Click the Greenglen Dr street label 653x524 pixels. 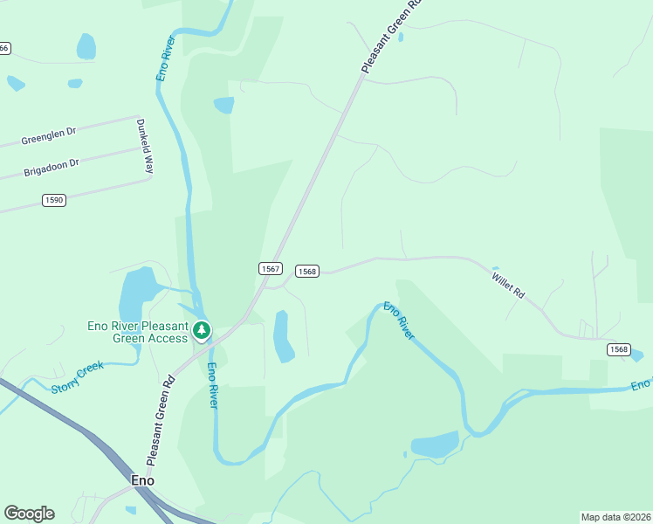pyautogui.click(x=49, y=136)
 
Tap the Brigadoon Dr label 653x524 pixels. pyautogui.click(x=51, y=166)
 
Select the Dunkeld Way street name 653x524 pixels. pyautogui.click(x=144, y=146)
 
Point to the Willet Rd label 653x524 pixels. pyautogui.click(x=508, y=286)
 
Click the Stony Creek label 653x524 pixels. pyautogui.click(x=77, y=377)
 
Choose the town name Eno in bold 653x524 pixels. pyautogui.click(x=142, y=480)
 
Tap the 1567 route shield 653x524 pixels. pyautogui.click(x=270, y=268)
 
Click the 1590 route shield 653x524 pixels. pyautogui.click(x=53, y=200)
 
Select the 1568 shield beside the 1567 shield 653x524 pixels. pyautogui.click(x=306, y=272)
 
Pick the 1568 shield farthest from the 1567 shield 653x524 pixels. pyautogui.click(x=618, y=349)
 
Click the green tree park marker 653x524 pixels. pyautogui.click(x=202, y=330)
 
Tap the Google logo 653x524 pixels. pyautogui.click(x=29, y=514)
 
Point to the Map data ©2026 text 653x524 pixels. pyautogui.click(x=615, y=517)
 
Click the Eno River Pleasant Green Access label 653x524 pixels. pyautogui.click(x=138, y=332)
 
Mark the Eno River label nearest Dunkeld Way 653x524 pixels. pyautogui.click(x=166, y=59)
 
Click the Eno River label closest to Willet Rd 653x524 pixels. pyautogui.click(x=399, y=321)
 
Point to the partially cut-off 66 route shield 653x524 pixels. pyautogui.click(x=4, y=48)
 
